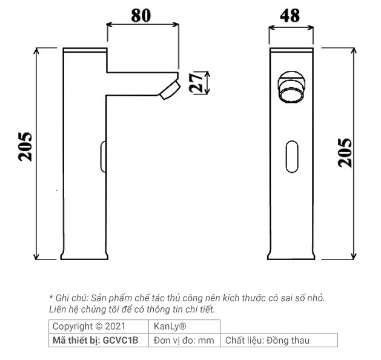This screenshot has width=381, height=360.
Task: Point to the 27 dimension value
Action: pyautogui.click(x=196, y=82)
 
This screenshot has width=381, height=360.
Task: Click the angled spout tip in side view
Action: pyautogui.click(x=170, y=89)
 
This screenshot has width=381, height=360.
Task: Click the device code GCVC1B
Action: pyautogui.click(x=121, y=341)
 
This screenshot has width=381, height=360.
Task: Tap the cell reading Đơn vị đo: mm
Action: pyautogui.click(x=184, y=341)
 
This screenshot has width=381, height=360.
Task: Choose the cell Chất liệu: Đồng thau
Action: pyautogui.click(x=267, y=341)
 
